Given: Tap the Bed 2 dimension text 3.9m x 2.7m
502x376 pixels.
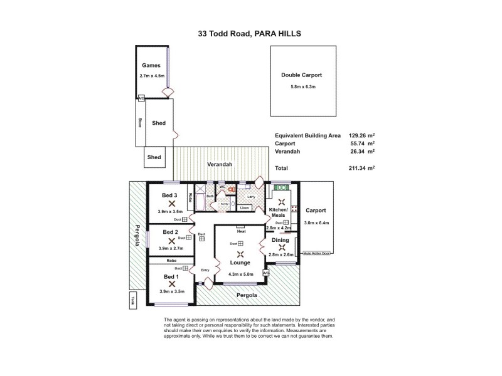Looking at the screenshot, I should pos(171,248).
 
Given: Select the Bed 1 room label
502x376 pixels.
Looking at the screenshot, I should pos(171,276).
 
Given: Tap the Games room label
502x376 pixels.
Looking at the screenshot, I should pos(151,66).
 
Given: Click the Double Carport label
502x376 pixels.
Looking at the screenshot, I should pos(298,75).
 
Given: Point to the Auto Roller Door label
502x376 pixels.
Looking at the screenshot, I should pos(316,253).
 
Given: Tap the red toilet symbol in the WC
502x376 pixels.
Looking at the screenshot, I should pos(231,188).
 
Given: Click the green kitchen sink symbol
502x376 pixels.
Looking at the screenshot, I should pos(280,187).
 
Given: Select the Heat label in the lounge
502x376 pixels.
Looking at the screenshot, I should pos(241,231).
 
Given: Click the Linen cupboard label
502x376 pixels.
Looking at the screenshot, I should pos(245,207).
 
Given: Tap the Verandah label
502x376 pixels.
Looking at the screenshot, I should pos(220,164).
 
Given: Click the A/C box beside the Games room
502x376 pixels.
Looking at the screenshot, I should pos(141,98).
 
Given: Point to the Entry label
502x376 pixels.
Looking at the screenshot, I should pos(205,270).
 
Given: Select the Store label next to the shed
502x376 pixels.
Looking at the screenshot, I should pos(140,122).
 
